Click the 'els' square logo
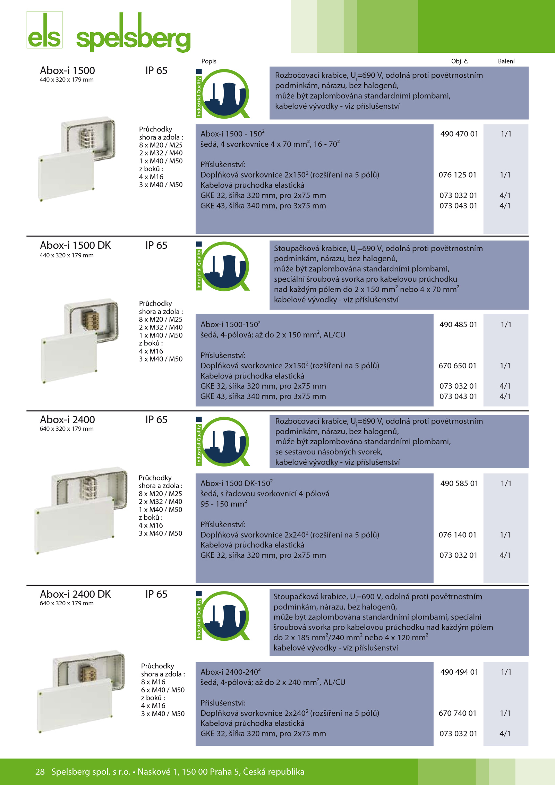pos(44,29)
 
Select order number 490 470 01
pos(459,134)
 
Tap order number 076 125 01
pos(458,175)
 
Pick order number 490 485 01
pos(458,325)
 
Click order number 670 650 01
pos(458,366)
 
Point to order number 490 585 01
pos(459,484)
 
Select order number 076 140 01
pos(458,535)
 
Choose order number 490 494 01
pos(459,672)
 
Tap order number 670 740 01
pos(458,713)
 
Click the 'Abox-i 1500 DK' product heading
pos(75,245)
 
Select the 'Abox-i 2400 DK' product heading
pos(75,594)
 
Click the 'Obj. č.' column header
pos(460,61)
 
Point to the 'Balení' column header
pos(506,61)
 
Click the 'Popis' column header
pos(209,61)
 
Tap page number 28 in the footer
pos(40,771)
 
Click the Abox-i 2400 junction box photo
pos(81,510)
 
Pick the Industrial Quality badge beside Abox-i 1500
pos(223,93)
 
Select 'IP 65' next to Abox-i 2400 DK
pos(156,594)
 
